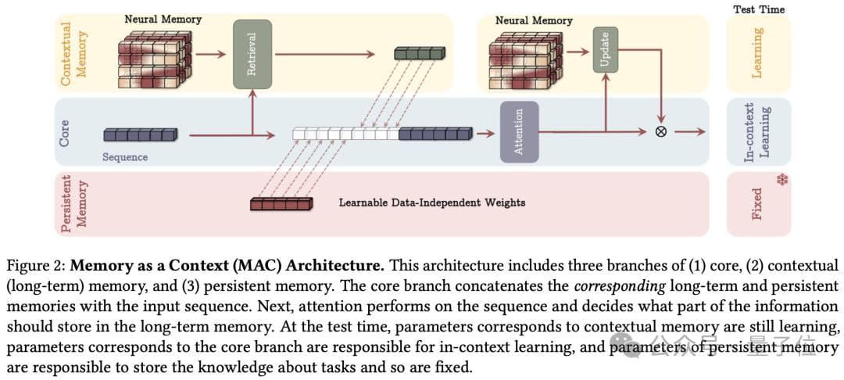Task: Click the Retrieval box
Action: click(252, 54)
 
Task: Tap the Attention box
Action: click(519, 131)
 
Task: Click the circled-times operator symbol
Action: click(661, 131)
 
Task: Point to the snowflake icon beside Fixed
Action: click(781, 181)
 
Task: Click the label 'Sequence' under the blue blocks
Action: click(125, 156)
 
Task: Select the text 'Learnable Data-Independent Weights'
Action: click(431, 203)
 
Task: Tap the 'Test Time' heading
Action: click(759, 9)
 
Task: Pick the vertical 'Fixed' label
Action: click(756, 203)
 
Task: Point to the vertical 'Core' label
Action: click(65, 132)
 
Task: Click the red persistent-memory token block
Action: click(281, 204)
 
